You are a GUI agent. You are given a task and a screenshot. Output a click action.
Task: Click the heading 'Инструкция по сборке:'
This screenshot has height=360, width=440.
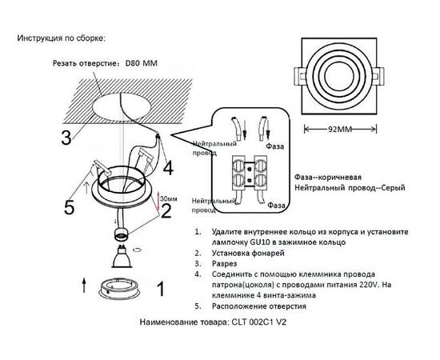60,38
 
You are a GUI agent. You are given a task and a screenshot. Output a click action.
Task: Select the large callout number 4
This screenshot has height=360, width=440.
168,169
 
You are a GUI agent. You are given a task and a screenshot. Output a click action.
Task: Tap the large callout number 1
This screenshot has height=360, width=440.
159,290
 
